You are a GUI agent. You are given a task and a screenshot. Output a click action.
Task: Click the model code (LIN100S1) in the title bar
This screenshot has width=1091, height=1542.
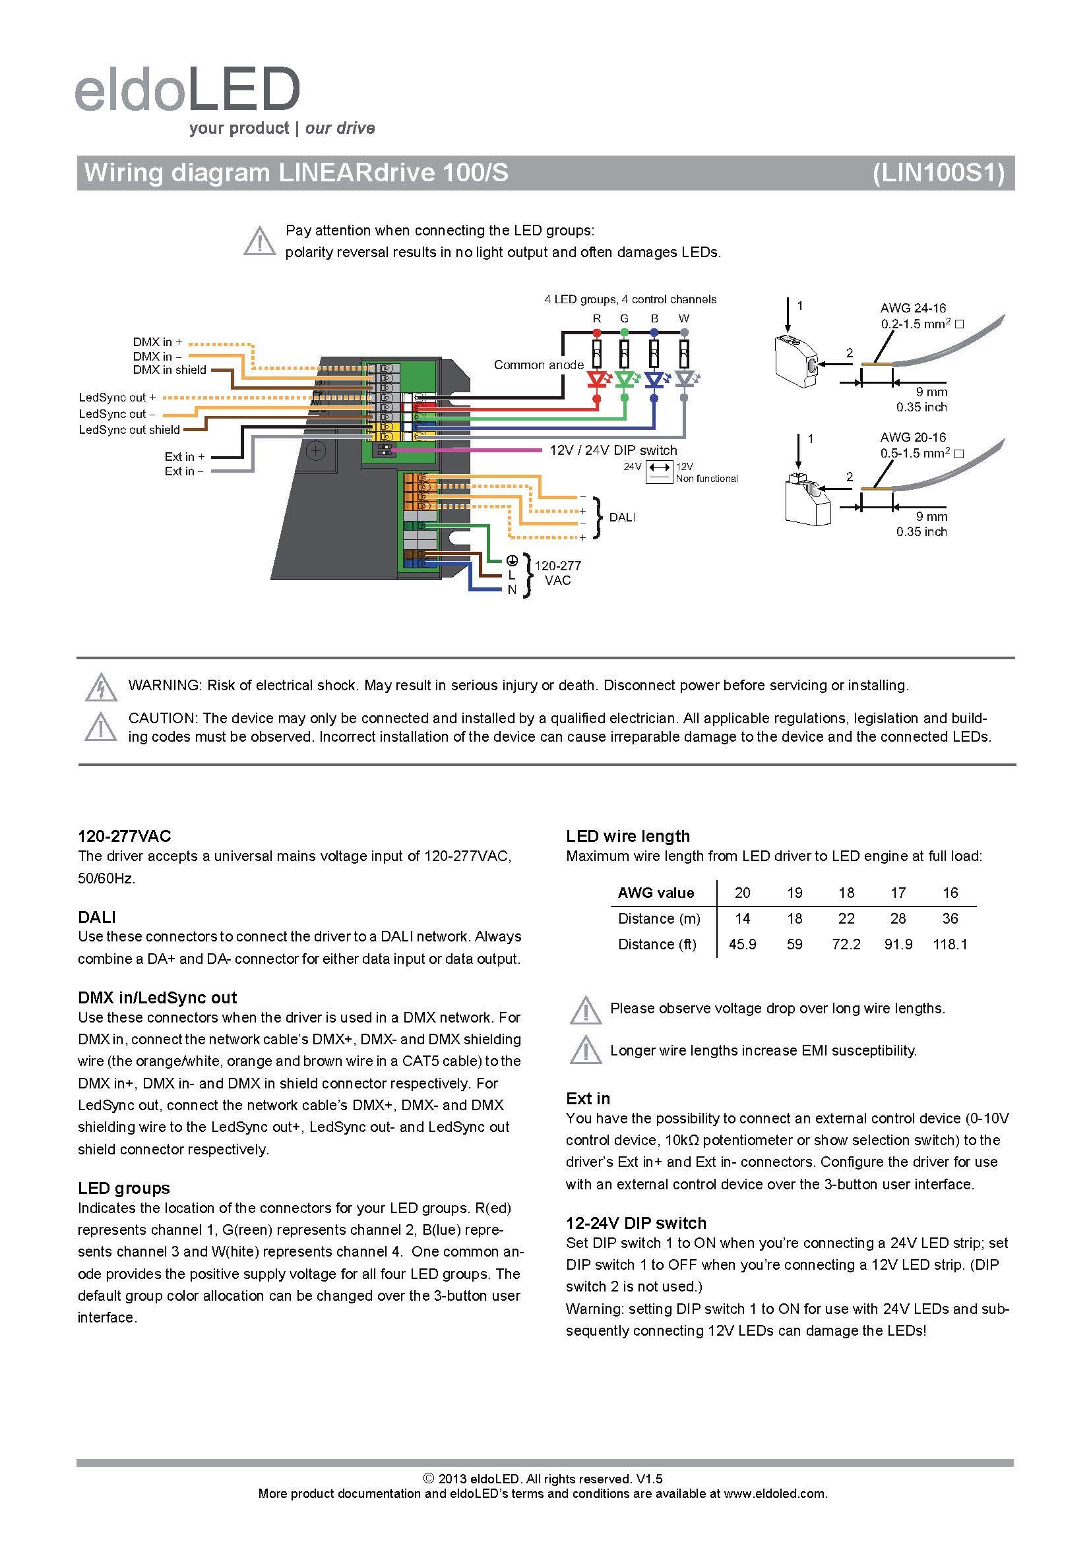[939, 173]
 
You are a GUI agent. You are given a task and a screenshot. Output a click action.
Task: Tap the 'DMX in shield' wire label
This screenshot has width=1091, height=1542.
[170, 370]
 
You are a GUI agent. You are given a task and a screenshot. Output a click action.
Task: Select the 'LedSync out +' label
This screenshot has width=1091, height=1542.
[117, 398]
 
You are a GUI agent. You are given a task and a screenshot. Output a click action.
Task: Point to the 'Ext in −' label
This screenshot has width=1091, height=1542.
[183, 471]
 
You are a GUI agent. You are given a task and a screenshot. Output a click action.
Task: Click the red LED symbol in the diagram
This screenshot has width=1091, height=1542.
[596, 381]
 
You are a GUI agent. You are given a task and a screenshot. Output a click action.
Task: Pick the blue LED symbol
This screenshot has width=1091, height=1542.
[654, 381]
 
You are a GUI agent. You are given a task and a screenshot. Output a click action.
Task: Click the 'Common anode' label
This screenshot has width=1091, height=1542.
[539, 365]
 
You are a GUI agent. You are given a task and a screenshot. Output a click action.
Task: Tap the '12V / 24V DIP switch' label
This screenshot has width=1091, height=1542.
[613, 451]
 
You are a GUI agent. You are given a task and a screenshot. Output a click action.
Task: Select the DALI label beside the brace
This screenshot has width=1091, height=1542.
[621, 518]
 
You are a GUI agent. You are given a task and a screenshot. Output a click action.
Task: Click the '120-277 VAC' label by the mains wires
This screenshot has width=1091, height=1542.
[557, 573]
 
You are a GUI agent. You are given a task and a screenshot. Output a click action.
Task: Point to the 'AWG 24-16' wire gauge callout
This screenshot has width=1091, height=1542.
[913, 309]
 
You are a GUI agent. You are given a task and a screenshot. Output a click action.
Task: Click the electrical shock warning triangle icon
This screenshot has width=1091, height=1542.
[101, 686]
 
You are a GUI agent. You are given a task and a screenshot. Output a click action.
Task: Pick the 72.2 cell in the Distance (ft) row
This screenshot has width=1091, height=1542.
[846, 944]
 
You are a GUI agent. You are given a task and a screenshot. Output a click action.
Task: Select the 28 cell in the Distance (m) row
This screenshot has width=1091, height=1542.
[898, 919]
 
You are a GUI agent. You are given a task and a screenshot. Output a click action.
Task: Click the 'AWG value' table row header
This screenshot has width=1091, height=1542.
[656, 893]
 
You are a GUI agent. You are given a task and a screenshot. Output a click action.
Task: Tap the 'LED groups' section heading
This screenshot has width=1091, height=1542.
[123, 1188]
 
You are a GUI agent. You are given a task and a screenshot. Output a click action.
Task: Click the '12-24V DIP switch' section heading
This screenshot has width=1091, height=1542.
[635, 1223]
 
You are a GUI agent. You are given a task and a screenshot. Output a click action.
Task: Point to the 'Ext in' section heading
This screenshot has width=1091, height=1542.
[588, 1098]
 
